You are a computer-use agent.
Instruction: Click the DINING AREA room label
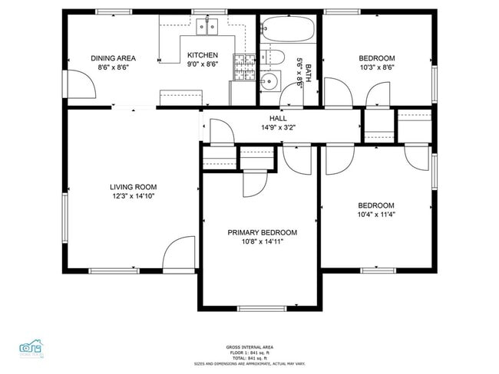[x=113, y=57]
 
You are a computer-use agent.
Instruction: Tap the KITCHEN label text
[x=203, y=55]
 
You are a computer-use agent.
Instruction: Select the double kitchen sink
[x=207, y=28]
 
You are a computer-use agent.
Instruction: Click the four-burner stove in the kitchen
[x=244, y=67]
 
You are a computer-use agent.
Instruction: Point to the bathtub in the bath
[x=288, y=31]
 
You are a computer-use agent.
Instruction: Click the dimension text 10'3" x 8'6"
[x=376, y=67]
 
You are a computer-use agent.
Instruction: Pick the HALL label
[x=278, y=118]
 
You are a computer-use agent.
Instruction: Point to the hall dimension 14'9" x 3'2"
[x=278, y=127]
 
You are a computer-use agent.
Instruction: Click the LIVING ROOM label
[x=133, y=186]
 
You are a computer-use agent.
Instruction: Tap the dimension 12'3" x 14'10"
[x=133, y=195]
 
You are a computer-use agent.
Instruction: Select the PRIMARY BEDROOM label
[x=262, y=232]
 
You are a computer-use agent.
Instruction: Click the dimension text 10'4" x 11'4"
[x=376, y=214]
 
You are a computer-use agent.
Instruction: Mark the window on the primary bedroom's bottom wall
[x=261, y=309]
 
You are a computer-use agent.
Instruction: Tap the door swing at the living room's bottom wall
[x=180, y=253]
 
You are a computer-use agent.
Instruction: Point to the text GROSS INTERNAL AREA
[x=249, y=347]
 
